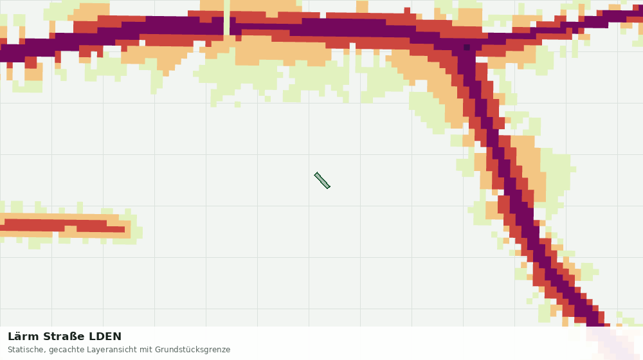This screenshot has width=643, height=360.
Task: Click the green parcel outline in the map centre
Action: tap(322, 181)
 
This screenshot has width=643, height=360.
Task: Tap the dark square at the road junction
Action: tap(466, 47)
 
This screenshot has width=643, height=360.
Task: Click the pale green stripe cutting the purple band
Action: tap(227, 17)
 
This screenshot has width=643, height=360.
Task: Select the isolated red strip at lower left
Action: tap(64, 226)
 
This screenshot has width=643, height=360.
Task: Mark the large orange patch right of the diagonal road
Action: tap(530, 168)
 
